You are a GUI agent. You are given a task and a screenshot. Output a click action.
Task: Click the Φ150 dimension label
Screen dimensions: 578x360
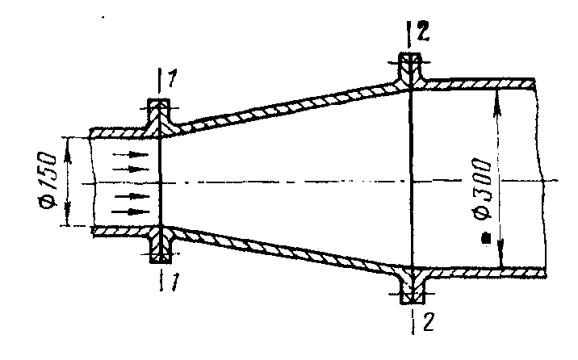[48, 180]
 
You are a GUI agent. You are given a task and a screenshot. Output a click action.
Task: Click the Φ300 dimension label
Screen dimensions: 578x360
[482, 189]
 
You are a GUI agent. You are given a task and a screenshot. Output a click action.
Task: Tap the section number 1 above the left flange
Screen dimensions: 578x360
[172, 78]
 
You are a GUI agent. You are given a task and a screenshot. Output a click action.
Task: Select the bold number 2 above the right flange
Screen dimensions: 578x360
[423, 31]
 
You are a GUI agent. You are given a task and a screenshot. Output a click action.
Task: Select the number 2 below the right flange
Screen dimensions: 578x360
[429, 321]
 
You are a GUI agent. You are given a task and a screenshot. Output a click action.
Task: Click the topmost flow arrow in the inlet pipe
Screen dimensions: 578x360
[131, 155]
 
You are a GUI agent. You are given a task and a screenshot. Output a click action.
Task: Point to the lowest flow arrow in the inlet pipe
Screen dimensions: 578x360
[131, 211]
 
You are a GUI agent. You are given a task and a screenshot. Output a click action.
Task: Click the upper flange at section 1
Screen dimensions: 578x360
[159, 117]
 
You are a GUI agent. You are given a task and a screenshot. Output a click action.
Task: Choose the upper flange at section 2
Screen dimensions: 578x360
[410, 71]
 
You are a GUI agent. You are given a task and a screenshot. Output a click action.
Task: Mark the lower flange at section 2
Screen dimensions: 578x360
[412, 285]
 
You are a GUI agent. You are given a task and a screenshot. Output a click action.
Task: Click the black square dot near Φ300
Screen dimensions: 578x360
[487, 238]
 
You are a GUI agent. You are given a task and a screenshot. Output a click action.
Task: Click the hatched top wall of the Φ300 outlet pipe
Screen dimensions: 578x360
[480, 85]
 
